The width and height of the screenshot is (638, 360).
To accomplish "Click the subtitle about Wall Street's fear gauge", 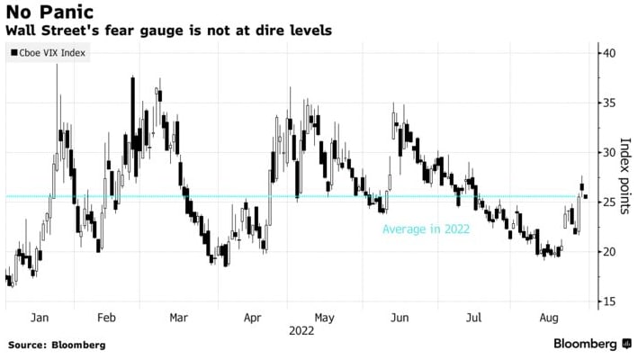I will point(169,31).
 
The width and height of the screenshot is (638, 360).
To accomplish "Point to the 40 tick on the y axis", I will point(609,53).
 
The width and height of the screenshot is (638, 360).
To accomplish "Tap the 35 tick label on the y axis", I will point(609,103).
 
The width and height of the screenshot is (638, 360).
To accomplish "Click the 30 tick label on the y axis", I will point(609,153).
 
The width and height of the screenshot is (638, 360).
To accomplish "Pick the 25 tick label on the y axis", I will point(609,202).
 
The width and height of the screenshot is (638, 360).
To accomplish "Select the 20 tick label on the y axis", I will point(609,252).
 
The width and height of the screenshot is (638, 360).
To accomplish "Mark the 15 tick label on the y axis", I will point(609,301).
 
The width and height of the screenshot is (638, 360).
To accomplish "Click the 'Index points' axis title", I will point(625,177).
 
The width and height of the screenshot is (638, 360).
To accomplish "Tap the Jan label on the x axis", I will point(39,318).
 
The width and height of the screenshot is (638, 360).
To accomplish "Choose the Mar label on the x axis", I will point(178,318).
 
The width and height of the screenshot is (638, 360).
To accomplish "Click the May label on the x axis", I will point(324,318).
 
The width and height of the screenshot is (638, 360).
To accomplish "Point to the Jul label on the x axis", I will point(474,318).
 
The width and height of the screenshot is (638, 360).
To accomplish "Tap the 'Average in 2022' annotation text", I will point(426,229).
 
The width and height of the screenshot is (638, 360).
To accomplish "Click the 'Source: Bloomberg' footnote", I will point(57,345).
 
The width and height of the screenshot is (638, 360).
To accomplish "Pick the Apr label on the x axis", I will point(252,318).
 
